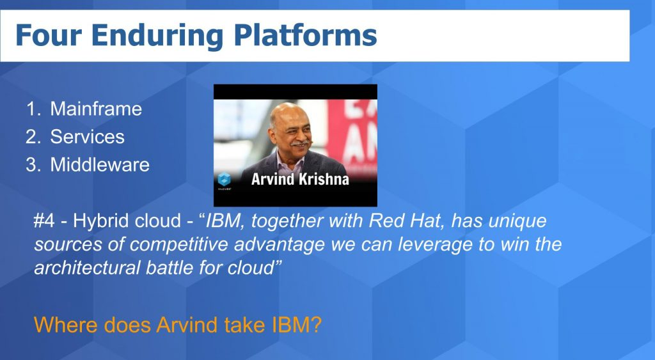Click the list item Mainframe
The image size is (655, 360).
[96, 109]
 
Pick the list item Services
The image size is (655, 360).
[87, 137]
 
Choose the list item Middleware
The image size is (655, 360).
[100, 164]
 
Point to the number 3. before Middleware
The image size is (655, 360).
[33, 164]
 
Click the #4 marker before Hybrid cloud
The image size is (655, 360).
[44, 221]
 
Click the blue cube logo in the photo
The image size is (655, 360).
[225, 179]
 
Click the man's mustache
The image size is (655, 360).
[300, 143]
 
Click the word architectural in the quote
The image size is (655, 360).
[87, 268]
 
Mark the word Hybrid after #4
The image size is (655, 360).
[97, 221]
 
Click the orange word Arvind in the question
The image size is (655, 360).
[187, 325]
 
